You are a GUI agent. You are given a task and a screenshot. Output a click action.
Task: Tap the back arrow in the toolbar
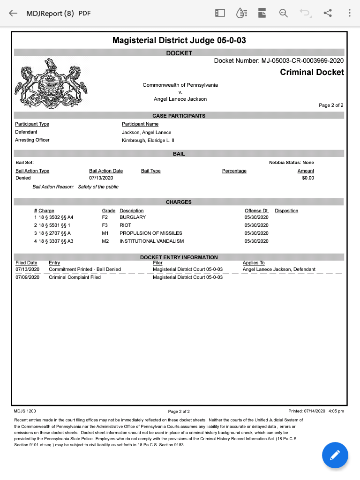coord(13,13)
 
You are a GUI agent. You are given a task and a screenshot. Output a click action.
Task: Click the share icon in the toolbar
coord(328,13)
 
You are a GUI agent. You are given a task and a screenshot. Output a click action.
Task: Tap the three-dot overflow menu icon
coord(350,13)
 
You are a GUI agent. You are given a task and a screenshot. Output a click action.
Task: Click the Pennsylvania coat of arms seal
coord(52,84)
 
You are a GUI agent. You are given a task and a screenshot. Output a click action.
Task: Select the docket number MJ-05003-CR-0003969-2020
coord(302,60)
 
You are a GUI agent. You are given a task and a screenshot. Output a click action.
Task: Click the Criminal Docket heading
coord(312,72)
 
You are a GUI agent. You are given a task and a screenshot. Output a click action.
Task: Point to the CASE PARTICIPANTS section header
coord(179,116)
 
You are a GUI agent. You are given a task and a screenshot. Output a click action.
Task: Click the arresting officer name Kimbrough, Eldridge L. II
coord(148,140)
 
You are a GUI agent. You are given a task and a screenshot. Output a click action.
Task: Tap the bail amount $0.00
coord(308,178)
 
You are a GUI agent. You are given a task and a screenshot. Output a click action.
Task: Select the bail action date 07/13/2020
coord(101,178)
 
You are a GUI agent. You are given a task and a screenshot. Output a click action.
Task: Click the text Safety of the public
coord(98,187)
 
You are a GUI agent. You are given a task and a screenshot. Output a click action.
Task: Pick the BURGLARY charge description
coord(133,217)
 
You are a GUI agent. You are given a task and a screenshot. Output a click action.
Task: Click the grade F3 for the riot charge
coord(105,225)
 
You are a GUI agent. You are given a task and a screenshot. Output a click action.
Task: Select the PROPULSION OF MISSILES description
coord(148,233)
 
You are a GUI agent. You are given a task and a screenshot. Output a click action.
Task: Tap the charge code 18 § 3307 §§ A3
coord(56,241)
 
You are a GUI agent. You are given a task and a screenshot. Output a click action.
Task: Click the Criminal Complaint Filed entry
coord(75,277)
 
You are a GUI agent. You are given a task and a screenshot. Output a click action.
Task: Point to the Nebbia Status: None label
coord(292,163)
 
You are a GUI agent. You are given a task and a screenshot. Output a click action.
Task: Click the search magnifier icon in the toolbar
coord(284,13)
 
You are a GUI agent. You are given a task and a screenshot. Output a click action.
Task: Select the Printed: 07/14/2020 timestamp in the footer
coord(316,411)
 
